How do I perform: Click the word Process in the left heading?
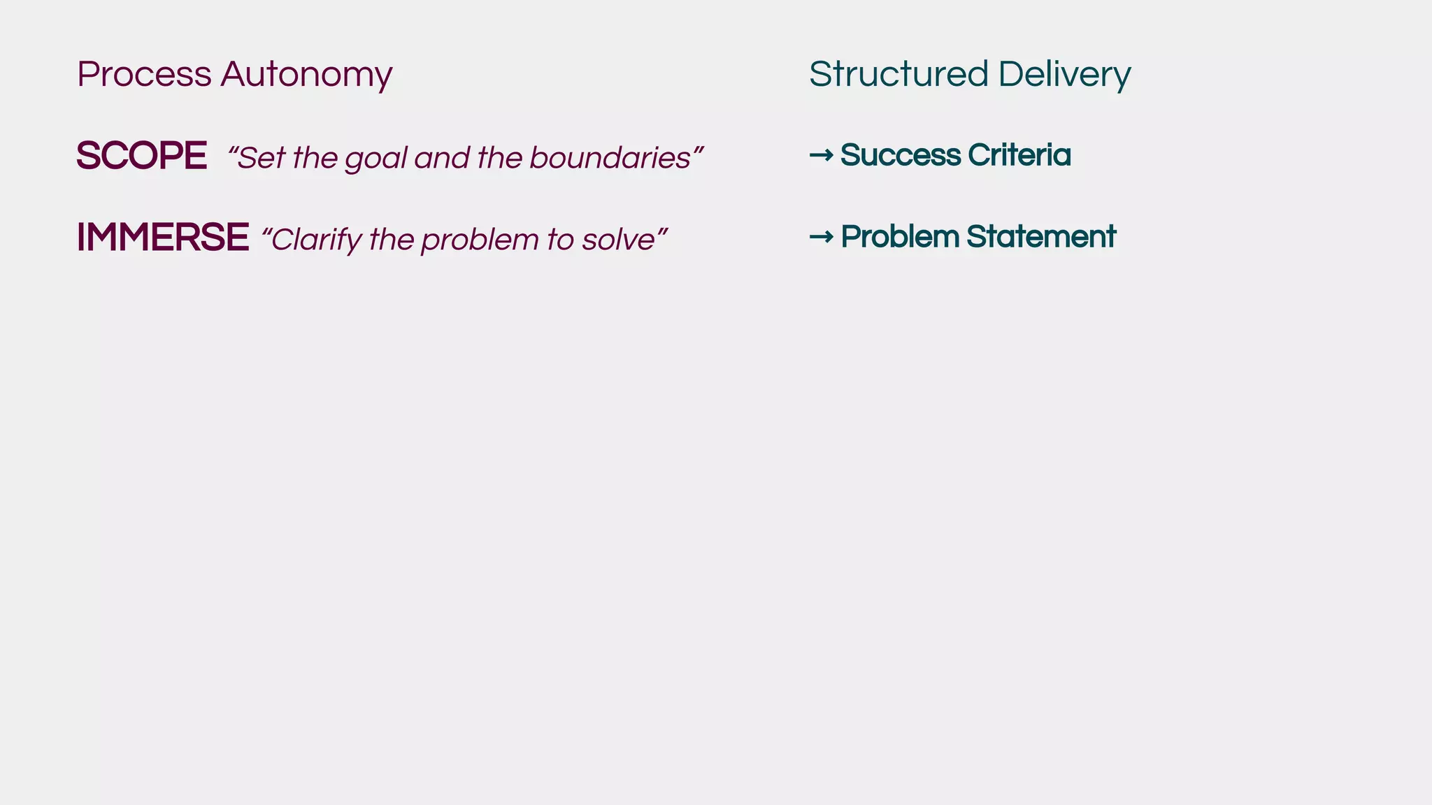[144, 74]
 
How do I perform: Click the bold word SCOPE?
[141, 156]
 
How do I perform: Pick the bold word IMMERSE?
[162, 238]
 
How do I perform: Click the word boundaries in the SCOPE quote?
[610, 158]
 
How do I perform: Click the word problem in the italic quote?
[480, 240]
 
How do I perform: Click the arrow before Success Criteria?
[821, 155]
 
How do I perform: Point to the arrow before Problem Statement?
[821, 237]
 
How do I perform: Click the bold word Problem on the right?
[899, 237]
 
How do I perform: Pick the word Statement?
[1041, 237]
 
